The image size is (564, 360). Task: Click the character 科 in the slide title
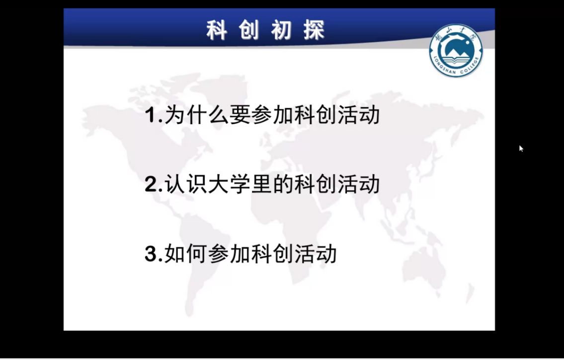217,30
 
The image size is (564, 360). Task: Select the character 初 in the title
281,30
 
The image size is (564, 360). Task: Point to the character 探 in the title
314,30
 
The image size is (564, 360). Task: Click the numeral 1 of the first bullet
151,116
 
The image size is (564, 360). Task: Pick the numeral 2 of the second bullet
151,185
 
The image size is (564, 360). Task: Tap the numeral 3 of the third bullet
151,254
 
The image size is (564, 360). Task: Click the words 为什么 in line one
196,115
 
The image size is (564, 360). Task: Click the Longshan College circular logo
456,51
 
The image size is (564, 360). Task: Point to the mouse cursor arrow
521,148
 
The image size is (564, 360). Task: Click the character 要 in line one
240,115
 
